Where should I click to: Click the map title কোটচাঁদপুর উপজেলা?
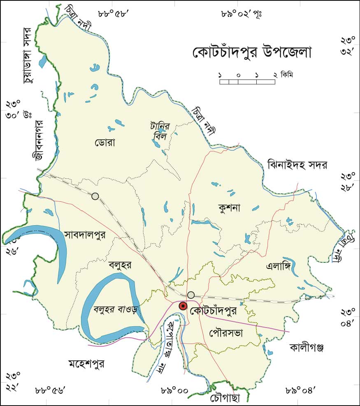[252, 53]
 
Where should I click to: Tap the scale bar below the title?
[247, 81]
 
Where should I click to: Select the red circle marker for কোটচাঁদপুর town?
[183, 306]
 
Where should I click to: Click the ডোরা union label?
[106, 143]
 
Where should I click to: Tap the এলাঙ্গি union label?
[279, 265]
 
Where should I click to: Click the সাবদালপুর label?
[85, 235]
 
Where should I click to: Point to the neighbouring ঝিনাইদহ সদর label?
[297, 165]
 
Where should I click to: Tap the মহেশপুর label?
[87, 364]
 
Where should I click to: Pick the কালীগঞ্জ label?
[307, 348]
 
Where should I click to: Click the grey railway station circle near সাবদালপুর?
[95, 196]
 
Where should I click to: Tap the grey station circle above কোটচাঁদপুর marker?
[191, 295]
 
